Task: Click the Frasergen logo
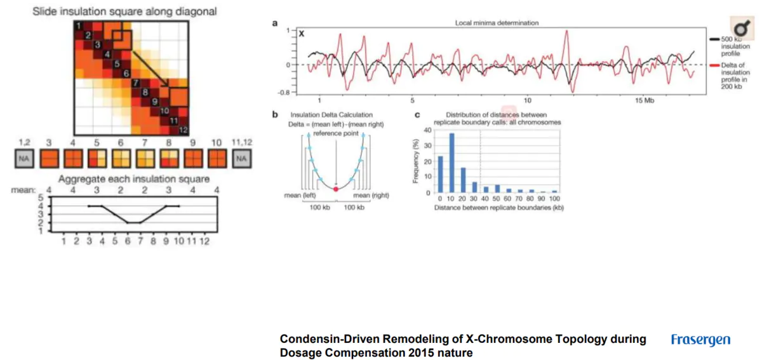coord(700,340)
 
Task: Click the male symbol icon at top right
coord(740,29)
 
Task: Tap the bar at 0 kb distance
coord(440,174)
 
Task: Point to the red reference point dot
coord(335,189)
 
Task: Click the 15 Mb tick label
coord(648,100)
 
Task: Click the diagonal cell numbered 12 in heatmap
coord(182,130)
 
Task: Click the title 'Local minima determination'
coord(497,23)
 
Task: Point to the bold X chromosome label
coord(302,33)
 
